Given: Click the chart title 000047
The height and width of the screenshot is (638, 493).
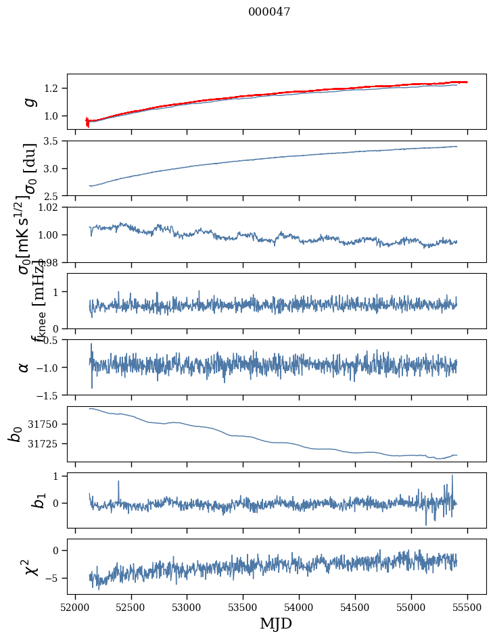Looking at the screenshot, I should pyautogui.click(x=269, y=12).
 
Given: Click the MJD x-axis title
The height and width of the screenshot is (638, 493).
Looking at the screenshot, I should pyautogui.click(x=276, y=623).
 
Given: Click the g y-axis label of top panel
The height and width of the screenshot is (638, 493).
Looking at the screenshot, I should pyautogui.click(x=28, y=102).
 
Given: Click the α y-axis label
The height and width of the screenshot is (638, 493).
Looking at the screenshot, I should pyautogui.click(x=24, y=367).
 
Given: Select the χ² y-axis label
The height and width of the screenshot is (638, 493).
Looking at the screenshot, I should pyautogui.click(x=22, y=567).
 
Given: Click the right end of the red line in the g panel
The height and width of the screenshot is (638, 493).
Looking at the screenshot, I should pyautogui.click(x=467, y=82).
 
